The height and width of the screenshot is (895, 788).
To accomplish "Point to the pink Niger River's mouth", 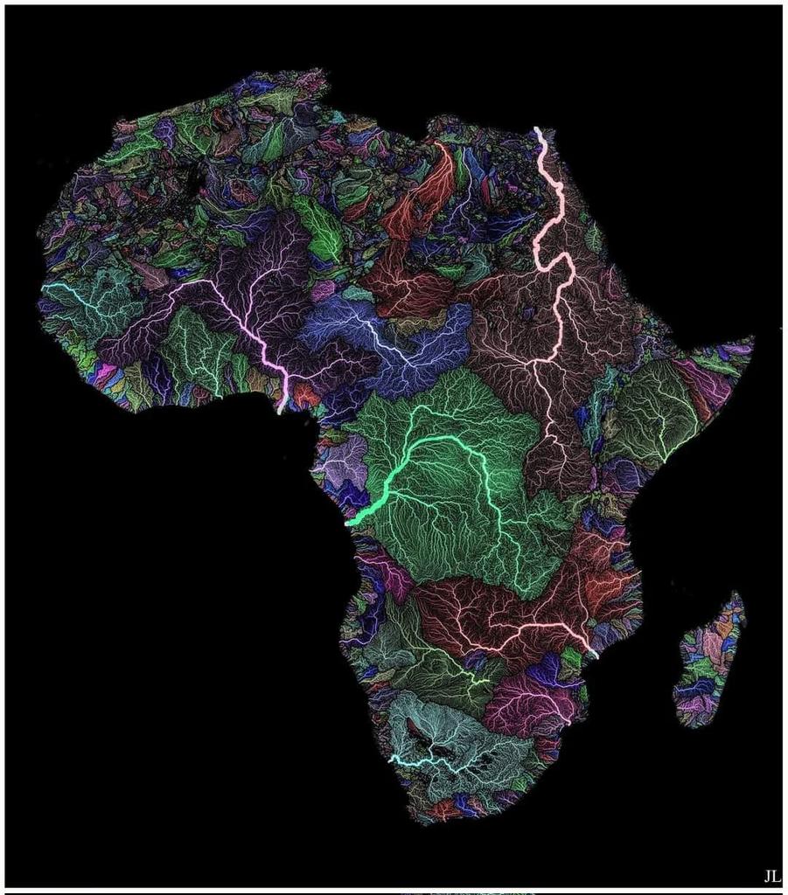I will pyautogui.click(x=280, y=408).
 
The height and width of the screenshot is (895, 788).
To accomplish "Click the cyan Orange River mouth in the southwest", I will pyautogui.click(x=391, y=759).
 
